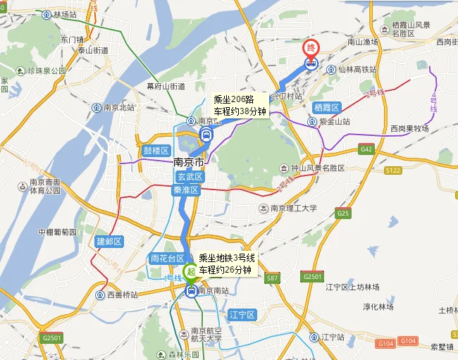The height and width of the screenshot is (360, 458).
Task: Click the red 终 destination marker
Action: tap(311, 48)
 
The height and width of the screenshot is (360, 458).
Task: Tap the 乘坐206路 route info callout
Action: tap(240, 105)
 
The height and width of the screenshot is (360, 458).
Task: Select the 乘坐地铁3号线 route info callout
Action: tap(227, 264)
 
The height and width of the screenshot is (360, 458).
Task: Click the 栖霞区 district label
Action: tap(327, 107)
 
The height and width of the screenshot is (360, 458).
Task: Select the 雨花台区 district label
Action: tap(168, 259)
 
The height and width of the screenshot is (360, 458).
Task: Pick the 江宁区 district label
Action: tap(242, 314)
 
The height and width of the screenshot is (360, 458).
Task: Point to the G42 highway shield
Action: tap(366, 149)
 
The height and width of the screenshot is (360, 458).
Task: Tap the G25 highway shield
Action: tap(343, 213)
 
